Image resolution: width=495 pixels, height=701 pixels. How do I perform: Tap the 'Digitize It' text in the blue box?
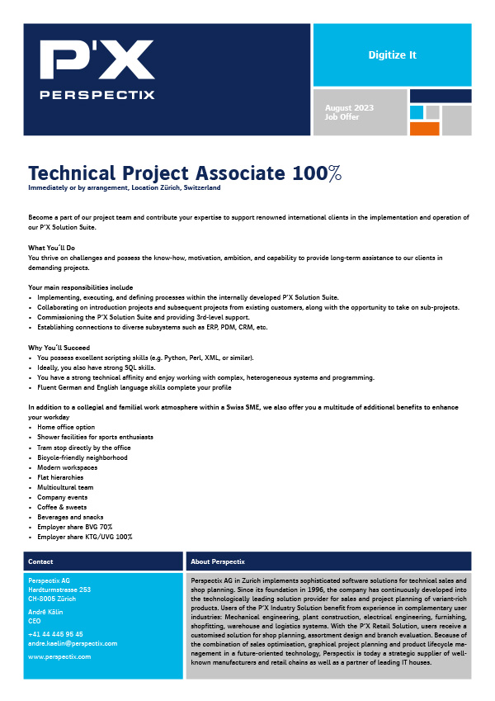[392, 55]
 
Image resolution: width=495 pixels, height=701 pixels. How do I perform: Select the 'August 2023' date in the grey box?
[349, 108]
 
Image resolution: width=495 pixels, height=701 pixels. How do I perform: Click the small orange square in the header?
[424, 128]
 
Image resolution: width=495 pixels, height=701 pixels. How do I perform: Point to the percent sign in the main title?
[333, 173]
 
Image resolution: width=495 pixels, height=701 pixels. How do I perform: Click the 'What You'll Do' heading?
[52, 248]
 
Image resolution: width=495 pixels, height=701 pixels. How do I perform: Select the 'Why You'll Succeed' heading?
[59, 348]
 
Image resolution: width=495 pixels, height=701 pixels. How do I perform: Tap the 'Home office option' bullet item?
[66, 427]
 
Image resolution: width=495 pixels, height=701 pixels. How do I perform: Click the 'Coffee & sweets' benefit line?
[61, 507]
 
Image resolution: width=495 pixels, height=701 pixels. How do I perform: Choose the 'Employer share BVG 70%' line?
[74, 527]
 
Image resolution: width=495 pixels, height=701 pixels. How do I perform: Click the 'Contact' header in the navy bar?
[40, 561]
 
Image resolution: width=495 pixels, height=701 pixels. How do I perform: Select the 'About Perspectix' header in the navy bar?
[217, 561]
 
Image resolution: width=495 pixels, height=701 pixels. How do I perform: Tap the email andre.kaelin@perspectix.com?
[73, 643]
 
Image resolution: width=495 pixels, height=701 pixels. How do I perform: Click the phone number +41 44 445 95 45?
[55, 634]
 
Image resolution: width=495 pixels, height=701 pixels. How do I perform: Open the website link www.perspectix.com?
[59, 656]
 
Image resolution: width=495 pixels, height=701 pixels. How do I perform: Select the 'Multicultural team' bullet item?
[65, 487]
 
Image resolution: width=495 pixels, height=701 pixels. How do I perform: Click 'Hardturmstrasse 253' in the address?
[59, 590]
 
